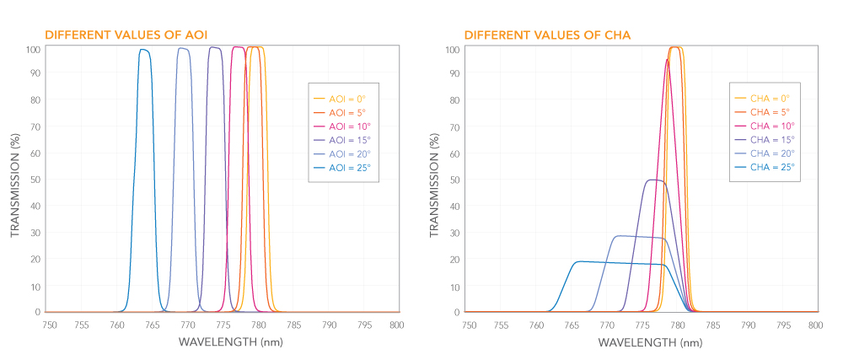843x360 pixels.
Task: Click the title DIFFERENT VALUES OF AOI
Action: tap(126, 35)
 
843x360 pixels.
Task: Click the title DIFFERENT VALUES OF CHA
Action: tap(547, 35)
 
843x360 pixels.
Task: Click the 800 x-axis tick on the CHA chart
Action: tap(814, 325)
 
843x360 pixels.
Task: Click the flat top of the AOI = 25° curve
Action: tap(144, 50)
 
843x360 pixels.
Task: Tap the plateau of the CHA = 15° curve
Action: tap(654, 180)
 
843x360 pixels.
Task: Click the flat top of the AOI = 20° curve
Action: tap(183, 49)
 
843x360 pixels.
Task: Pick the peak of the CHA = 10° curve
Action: tap(667, 59)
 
